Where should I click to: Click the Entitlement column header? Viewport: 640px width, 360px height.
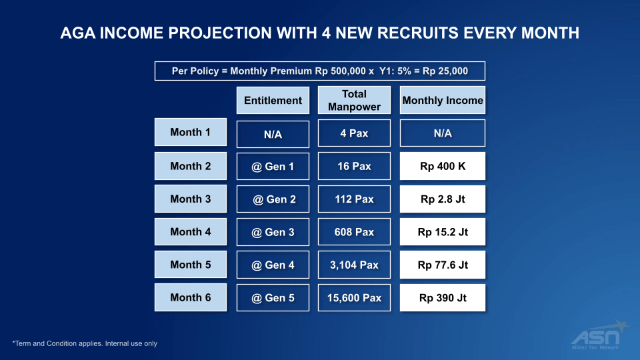pyautogui.click(x=273, y=100)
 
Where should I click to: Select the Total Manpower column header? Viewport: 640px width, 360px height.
pyautogui.click(x=354, y=100)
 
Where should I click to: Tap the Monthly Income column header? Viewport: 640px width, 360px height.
pyautogui.click(x=443, y=100)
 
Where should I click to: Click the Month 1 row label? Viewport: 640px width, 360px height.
pyautogui.click(x=191, y=132)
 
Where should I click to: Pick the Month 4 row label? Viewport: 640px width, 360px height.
pyautogui.click(x=191, y=231)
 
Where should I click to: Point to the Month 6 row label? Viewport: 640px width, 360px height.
pyautogui.click(x=191, y=297)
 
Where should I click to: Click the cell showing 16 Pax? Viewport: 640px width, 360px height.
pyautogui.click(x=354, y=166)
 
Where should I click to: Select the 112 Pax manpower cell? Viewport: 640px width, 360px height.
pyautogui.click(x=354, y=199)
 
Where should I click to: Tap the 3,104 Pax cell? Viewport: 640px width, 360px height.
pyautogui.click(x=354, y=265)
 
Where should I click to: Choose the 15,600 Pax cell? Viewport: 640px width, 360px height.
pyautogui.click(x=354, y=297)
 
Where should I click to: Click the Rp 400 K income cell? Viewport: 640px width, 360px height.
pyautogui.click(x=443, y=166)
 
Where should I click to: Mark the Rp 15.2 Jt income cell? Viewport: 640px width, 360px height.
pyautogui.click(x=443, y=232)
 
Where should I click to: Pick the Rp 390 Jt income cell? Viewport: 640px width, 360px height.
pyautogui.click(x=443, y=297)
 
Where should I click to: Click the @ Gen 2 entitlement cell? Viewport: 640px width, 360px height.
pyautogui.click(x=273, y=199)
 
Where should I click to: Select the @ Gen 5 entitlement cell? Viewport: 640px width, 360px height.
pyautogui.click(x=273, y=297)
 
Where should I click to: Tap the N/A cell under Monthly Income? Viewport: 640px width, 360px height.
pyautogui.click(x=443, y=133)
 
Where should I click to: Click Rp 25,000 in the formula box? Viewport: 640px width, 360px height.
pyautogui.click(x=445, y=71)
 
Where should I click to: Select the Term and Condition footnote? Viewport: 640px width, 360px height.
pyautogui.click(x=85, y=343)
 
